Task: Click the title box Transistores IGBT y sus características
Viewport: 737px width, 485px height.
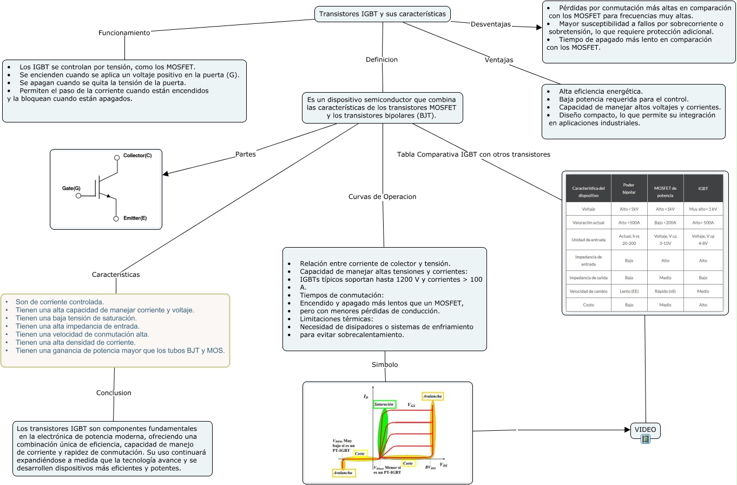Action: click(x=383, y=14)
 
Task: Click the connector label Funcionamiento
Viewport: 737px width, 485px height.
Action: click(x=124, y=33)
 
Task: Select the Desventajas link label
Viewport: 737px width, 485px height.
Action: click(x=491, y=24)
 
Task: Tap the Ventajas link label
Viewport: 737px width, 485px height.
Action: click(x=499, y=60)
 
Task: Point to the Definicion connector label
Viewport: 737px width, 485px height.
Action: click(x=381, y=60)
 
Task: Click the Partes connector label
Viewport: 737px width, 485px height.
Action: click(x=246, y=154)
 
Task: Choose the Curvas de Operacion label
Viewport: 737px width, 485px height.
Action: click(x=382, y=197)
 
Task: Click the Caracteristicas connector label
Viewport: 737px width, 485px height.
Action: click(x=116, y=275)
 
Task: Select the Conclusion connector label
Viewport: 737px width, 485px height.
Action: click(x=114, y=393)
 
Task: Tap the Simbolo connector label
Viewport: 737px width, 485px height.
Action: click(x=385, y=365)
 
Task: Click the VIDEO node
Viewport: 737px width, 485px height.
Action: click(x=645, y=430)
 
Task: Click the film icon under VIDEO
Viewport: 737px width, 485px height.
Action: click(x=645, y=439)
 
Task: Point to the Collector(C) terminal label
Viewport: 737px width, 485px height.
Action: click(x=137, y=156)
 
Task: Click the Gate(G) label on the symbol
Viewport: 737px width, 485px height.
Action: click(x=71, y=188)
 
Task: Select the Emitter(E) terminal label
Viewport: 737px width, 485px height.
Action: click(x=135, y=218)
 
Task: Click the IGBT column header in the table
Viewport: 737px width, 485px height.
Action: click(x=703, y=189)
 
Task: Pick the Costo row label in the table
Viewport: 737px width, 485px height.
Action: click(x=588, y=305)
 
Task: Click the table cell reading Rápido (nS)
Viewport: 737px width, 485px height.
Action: click(x=665, y=291)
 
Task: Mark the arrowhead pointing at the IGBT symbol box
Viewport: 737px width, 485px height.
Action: click(x=166, y=174)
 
